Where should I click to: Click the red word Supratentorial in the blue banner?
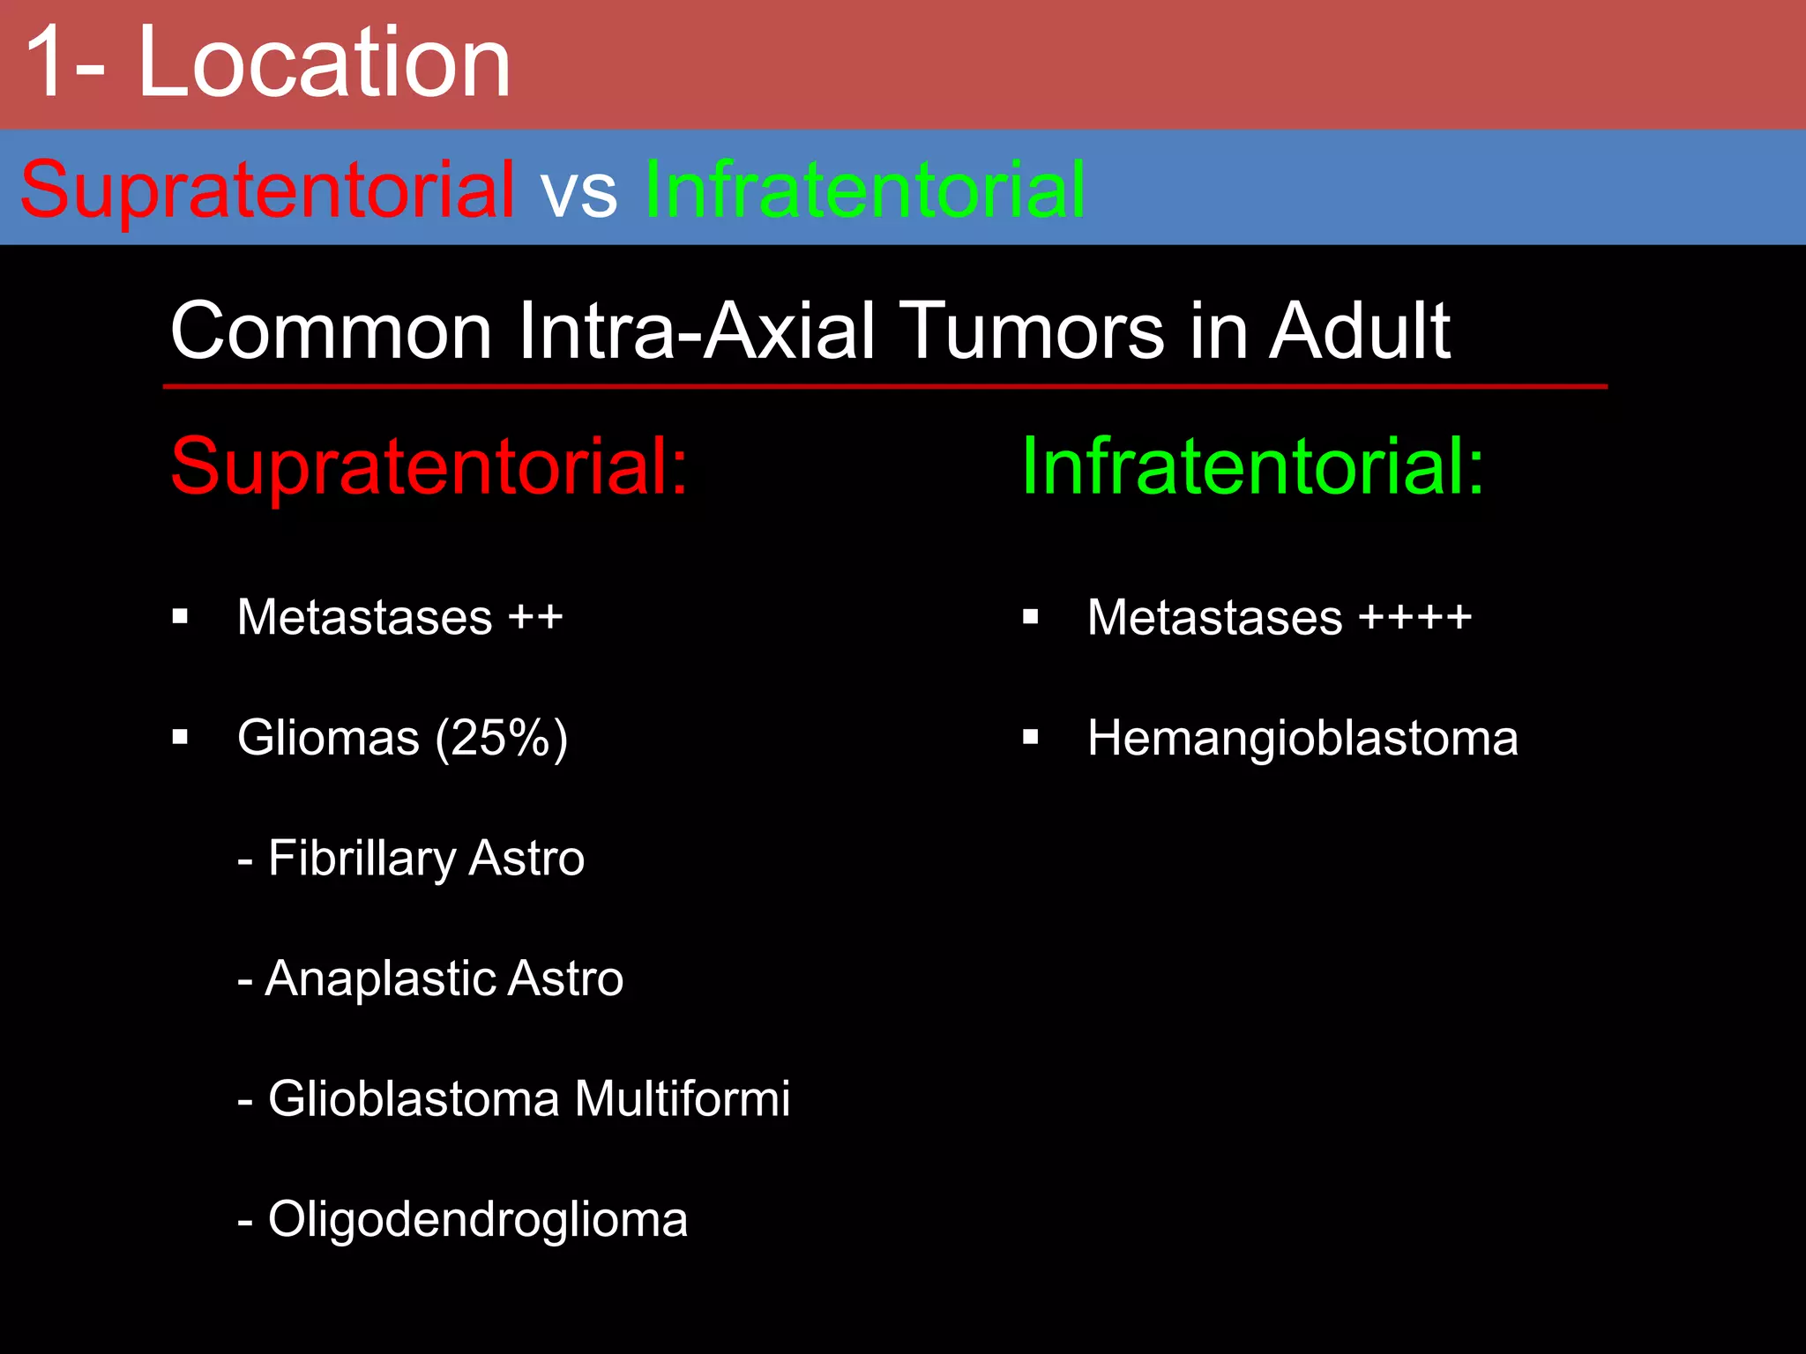point(267,190)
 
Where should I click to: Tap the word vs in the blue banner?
point(579,191)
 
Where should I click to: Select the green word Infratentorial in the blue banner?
point(865,190)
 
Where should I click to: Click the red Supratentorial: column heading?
point(429,466)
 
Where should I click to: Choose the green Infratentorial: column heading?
point(1253,466)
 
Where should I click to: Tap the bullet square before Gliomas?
point(181,737)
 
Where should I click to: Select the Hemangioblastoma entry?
point(1302,738)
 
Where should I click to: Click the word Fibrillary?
point(362,859)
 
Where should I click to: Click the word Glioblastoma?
point(414,1098)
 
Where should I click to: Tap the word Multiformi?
point(682,1098)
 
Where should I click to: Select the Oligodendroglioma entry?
point(477,1219)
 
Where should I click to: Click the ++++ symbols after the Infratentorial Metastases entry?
point(1414,617)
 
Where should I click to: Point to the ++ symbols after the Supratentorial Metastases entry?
point(535,617)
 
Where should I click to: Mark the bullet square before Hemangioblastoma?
point(1030,737)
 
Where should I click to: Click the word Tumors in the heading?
point(1034,331)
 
